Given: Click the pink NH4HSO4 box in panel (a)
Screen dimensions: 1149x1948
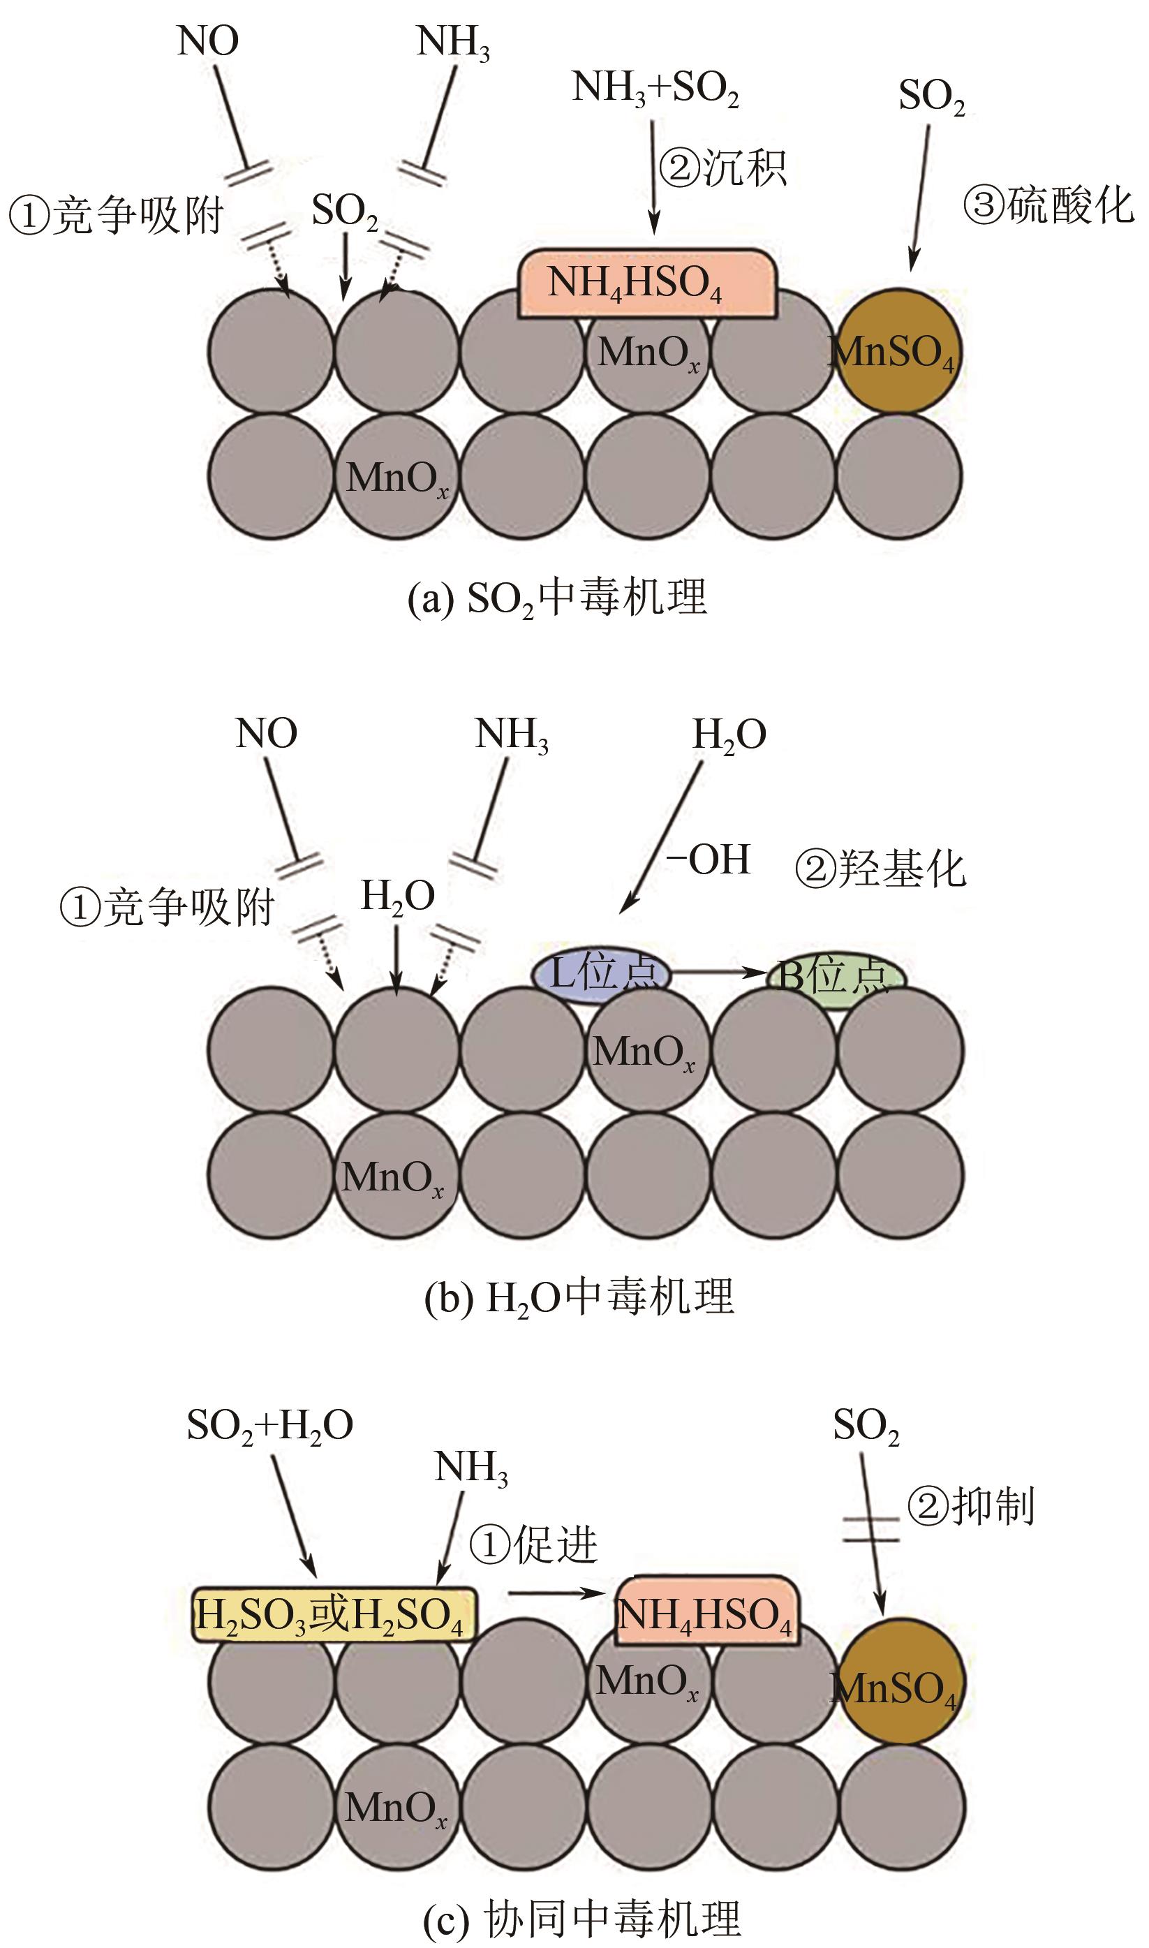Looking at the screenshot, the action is tap(646, 283).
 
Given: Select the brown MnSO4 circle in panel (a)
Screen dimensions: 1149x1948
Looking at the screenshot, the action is tap(899, 351).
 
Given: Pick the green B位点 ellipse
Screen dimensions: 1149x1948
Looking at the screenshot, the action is tap(836, 979).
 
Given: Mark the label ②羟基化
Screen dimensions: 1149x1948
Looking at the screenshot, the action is tap(881, 869).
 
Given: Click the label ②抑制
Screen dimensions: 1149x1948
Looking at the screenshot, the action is tap(971, 1507).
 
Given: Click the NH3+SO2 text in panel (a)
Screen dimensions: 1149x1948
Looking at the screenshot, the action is tap(655, 87).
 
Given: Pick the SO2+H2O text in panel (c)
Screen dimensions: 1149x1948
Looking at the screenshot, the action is tap(270, 1424).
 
